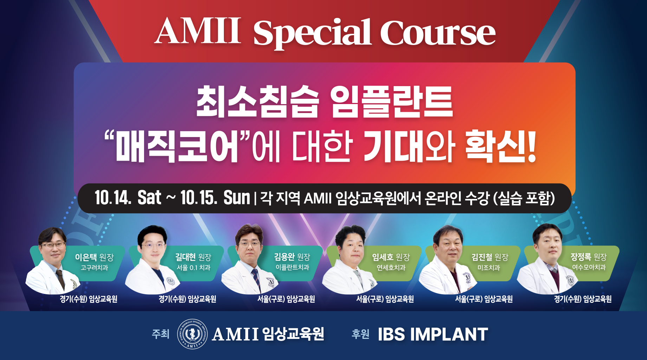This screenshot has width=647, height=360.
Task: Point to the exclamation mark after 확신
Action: pyautogui.click(x=531, y=146)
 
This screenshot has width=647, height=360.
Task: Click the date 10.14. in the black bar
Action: pyautogui.click(x=112, y=198)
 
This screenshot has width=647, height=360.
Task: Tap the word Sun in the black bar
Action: pyautogui.click(x=237, y=198)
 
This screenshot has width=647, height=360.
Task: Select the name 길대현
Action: pyautogui.click(x=185, y=257)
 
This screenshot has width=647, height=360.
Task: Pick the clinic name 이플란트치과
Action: pyautogui.click(x=292, y=268)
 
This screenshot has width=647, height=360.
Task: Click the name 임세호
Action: pyautogui.click(x=383, y=257)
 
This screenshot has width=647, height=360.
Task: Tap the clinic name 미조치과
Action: pyautogui.click(x=489, y=268)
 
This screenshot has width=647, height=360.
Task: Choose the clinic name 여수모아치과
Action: pyautogui.click(x=589, y=268)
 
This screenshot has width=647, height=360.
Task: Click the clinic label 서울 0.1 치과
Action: pyautogui.click(x=194, y=268)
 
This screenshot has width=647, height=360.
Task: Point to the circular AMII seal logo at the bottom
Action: pyautogui.click(x=192, y=334)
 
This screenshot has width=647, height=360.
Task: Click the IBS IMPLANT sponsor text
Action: pyautogui.click(x=433, y=334)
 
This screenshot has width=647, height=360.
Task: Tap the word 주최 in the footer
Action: pyautogui.click(x=161, y=334)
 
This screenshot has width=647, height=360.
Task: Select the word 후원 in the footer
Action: pyautogui.click(x=361, y=334)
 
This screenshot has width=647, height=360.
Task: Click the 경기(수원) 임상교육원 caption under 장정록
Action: pyautogui.click(x=583, y=299)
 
